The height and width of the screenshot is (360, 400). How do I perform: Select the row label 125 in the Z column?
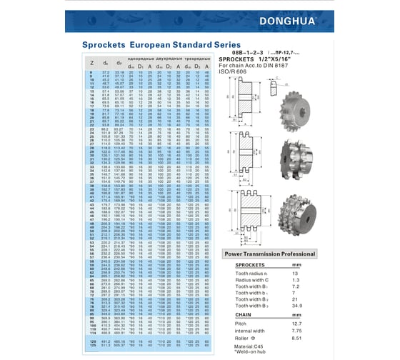pyautogui.click(x=91, y=346)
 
